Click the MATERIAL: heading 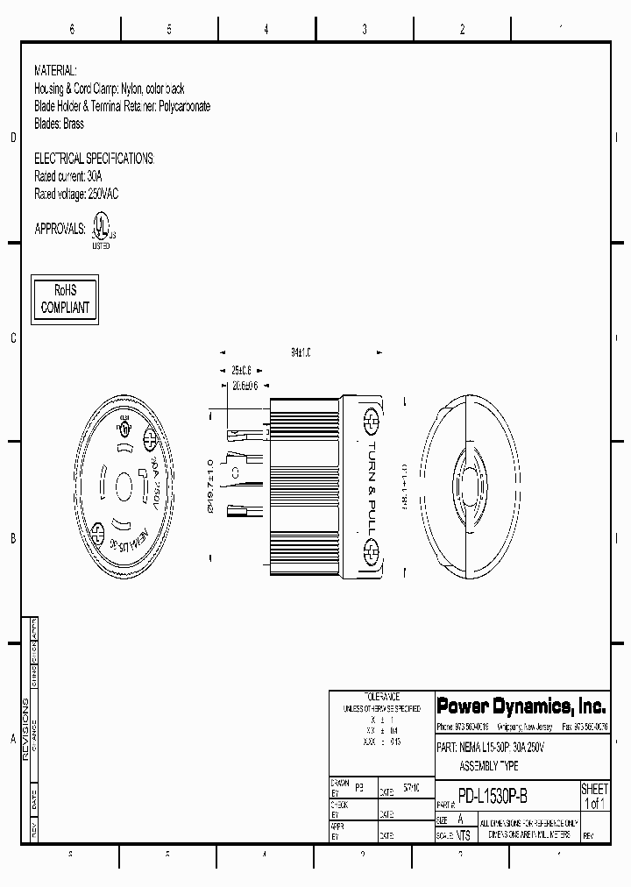pos(55,70)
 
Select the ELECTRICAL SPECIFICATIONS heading pos(93,159)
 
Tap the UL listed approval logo pos(102,231)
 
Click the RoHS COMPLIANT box pos(65,298)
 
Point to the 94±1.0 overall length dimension pos(301,351)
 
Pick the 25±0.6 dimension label pos(241,369)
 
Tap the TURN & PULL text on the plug pos(371,482)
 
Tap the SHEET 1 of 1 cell pos(594,796)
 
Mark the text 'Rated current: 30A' pos(67,176)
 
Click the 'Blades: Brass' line pos(59,124)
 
